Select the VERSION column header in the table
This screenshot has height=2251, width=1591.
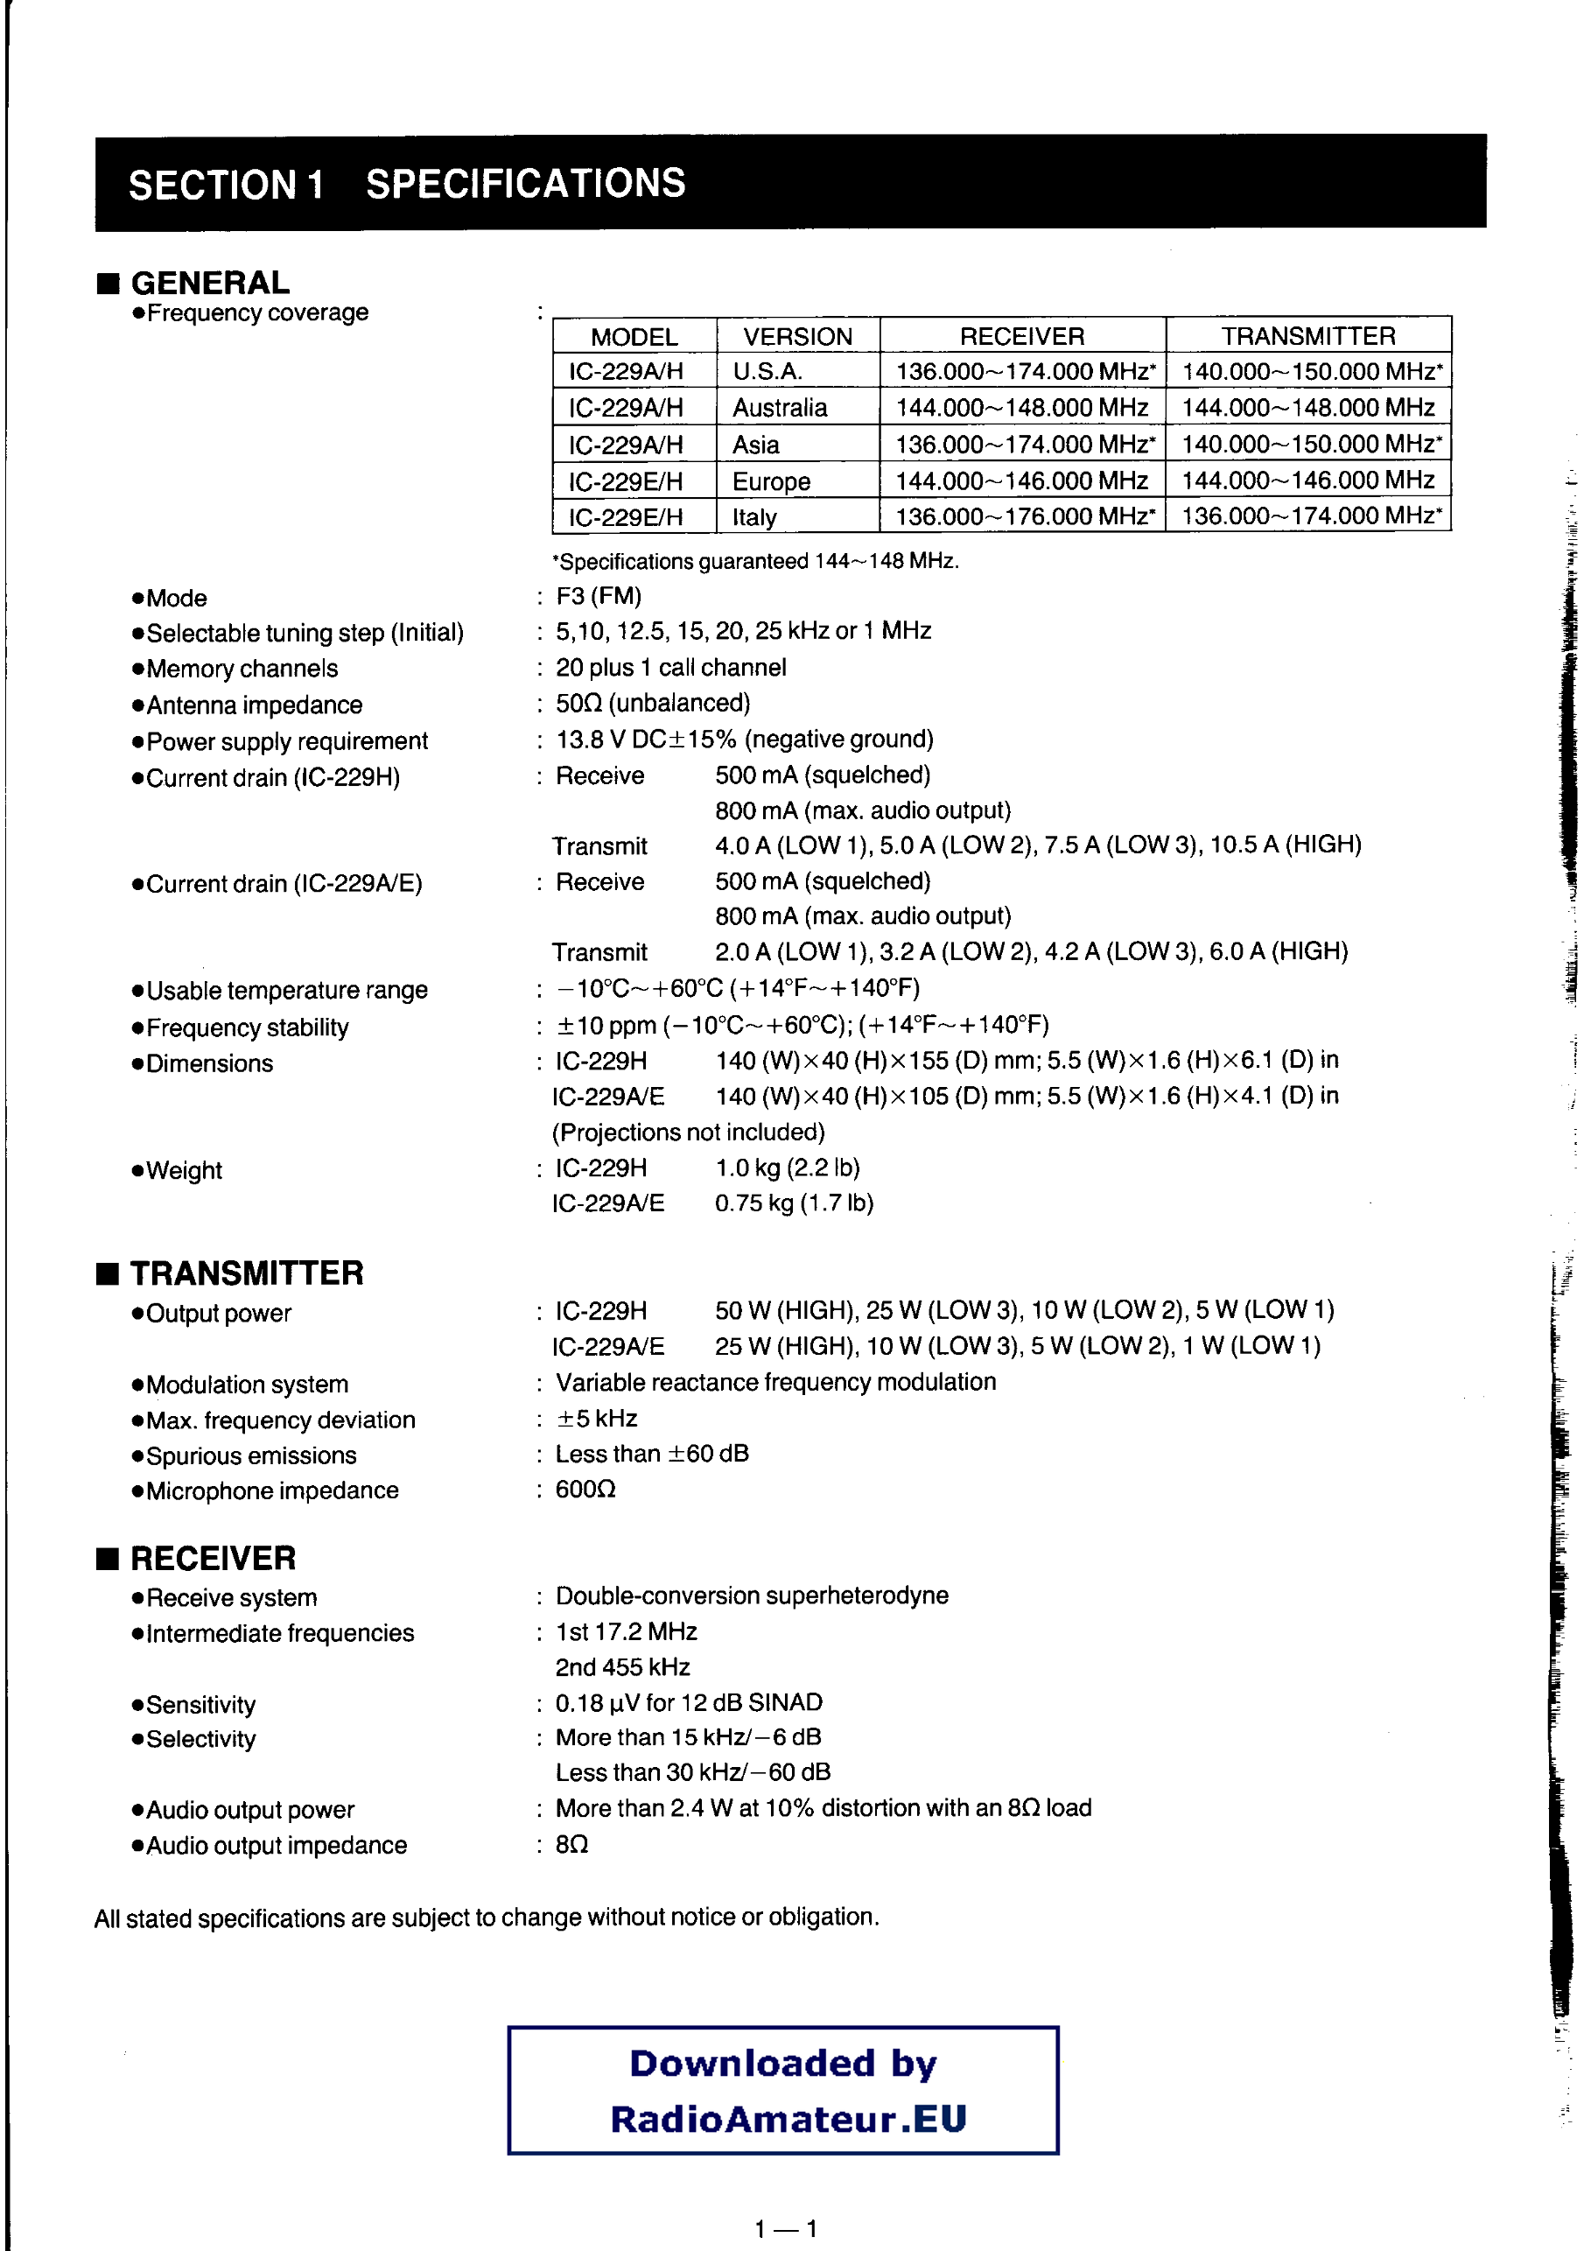coord(797,337)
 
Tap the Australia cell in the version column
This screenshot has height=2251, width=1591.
coord(780,408)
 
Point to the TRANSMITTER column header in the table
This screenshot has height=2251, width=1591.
coord(1307,336)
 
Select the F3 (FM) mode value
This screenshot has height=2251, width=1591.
coord(598,596)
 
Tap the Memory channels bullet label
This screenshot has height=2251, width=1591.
coord(242,669)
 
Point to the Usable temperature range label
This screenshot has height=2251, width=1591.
coord(286,990)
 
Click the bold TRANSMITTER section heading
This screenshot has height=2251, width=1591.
coord(246,1273)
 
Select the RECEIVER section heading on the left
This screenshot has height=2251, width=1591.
coord(213,1558)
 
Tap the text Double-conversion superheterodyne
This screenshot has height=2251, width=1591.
coord(752,1595)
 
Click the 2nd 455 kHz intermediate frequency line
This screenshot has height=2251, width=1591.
coord(622,1666)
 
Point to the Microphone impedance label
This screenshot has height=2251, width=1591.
coord(271,1491)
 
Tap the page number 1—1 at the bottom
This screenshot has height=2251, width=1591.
coord(785,2228)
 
